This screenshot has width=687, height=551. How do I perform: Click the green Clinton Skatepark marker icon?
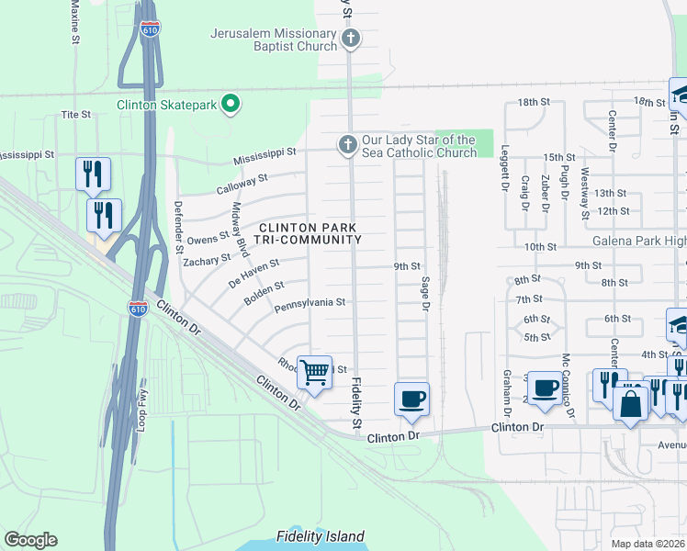(x=231, y=105)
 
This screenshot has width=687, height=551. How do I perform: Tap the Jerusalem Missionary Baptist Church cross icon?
(x=349, y=39)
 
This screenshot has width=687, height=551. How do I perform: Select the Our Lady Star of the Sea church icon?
(x=347, y=145)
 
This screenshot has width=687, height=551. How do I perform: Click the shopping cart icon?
(x=314, y=373)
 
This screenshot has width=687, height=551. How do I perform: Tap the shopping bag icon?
(x=630, y=404)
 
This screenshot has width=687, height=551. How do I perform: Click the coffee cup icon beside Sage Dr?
(x=411, y=399)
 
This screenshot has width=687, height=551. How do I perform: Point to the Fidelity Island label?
(x=320, y=536)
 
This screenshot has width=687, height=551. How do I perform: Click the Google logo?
(x=30, y=540)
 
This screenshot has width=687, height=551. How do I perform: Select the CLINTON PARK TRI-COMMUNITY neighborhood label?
(x=309, y=233)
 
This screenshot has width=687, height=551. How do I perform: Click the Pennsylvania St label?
(x=309, y=302)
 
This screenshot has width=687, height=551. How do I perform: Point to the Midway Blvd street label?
(x=241, y=229)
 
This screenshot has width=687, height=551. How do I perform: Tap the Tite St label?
(x=75, y=115)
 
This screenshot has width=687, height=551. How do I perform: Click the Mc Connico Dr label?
(x=567, y=386)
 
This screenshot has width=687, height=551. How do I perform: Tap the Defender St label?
(x=178, y=226)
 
